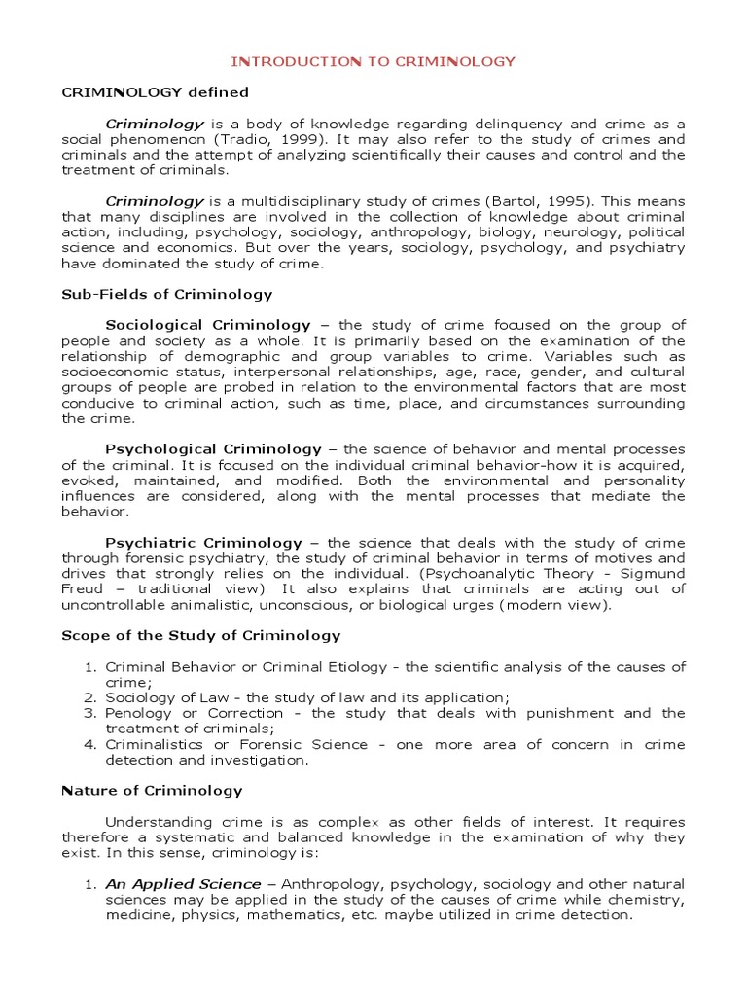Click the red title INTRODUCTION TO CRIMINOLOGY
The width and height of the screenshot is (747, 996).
tap(373, 61)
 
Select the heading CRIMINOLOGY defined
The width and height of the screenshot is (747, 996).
tap(155, 92)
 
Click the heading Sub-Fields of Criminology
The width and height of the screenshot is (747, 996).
tap(166, 294)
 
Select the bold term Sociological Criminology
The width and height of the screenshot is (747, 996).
tap(207, 325)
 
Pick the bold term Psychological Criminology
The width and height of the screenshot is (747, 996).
tap(212, 449)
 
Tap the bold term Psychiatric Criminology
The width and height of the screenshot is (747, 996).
tap(203, 542)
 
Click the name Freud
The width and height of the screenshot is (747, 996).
tap(82, 588)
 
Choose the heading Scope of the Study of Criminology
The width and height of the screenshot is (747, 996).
tap(200, 635)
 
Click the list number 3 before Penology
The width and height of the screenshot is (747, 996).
tap(88, 713)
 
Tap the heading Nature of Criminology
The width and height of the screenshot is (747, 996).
tap(152, 791)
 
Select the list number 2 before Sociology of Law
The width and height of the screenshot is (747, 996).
tap(88, 697)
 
